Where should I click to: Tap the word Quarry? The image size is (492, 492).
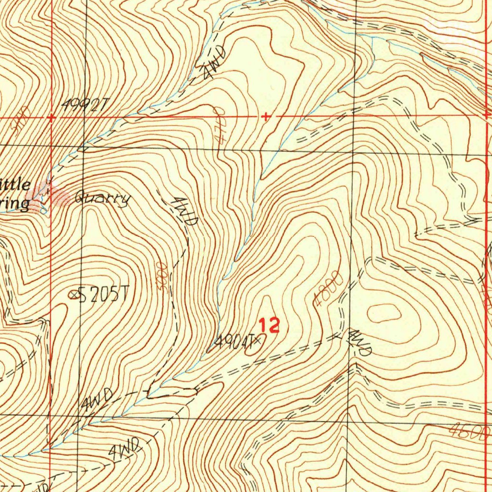point(102,198)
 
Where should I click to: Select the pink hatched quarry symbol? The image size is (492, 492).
point(57,196)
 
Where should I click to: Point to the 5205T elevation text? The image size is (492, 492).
point(104,295)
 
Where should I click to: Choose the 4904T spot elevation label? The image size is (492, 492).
point(234,342)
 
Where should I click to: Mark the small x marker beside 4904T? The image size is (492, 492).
point(258,340)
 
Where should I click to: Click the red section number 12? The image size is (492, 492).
point(269,326)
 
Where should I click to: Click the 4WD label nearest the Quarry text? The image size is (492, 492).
point(186,211)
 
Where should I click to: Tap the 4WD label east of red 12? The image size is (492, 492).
point(360,342)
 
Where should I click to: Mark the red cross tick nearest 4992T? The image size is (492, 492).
point(51,117)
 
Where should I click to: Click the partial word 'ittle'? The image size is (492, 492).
point(15,184)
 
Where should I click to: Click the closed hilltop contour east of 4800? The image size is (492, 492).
point(384,314)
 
